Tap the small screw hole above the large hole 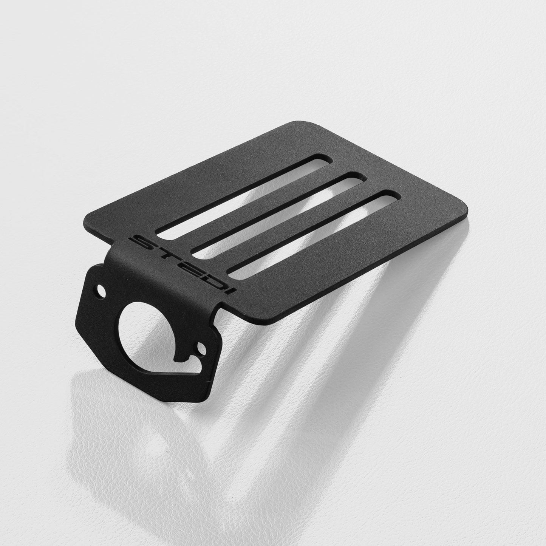(101, 291)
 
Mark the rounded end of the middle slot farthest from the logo (357, 179)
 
